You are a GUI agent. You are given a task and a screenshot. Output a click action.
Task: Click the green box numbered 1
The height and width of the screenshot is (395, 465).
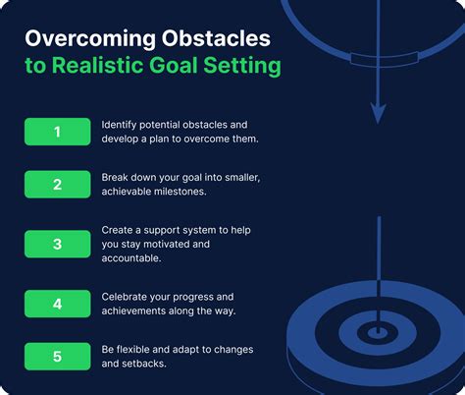56,131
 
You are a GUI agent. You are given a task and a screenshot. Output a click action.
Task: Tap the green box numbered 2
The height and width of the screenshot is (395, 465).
56,184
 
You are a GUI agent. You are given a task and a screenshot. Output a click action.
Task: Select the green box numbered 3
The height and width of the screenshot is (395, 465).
56,243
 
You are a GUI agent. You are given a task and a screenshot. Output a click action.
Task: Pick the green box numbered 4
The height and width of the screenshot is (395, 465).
56,303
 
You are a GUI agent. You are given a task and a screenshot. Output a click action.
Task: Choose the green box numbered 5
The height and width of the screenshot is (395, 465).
56,356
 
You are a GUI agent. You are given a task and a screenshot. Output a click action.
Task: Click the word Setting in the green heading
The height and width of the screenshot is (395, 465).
245,67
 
